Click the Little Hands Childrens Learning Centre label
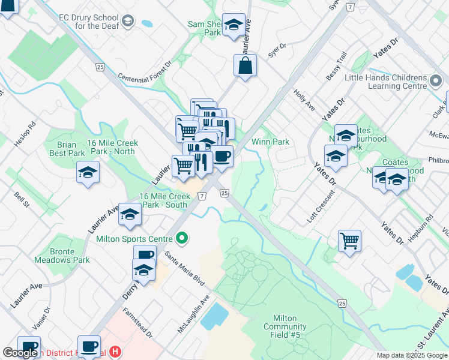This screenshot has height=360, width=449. [385, 82]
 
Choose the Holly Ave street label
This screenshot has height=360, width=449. [304, 100]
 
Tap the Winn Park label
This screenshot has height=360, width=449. [270, 142]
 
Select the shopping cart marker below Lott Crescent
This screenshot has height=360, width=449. [349, 241]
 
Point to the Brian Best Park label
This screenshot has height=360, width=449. [67, 149]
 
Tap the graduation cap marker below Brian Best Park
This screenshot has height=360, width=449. [88, 172]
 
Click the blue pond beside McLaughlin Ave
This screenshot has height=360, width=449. [214, 316]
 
